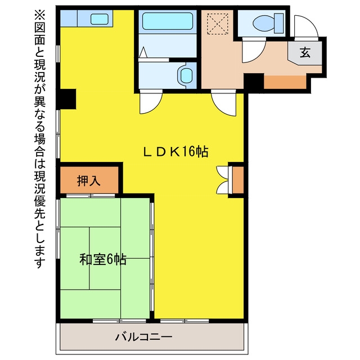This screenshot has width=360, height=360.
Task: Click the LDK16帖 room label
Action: click(x=175, y=151)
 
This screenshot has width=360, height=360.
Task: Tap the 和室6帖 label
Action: click(x=103, y=259)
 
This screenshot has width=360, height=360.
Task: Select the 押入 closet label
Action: click(x=89, y=181)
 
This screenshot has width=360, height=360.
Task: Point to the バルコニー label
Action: click(x=143, y=337)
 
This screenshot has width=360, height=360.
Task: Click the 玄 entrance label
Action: click(x=305, y=52)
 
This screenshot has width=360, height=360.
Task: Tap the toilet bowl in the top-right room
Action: click(x=264, y=23)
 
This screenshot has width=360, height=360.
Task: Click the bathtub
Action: click(x=168, y=21)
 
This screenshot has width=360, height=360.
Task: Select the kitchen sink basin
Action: click(x=100, y=19)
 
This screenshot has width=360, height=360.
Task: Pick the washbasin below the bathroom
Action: click(x=186, y=75)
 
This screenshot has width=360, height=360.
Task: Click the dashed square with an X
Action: click(x=218, y=24)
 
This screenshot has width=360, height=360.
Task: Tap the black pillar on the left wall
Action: click(x=66, y=99)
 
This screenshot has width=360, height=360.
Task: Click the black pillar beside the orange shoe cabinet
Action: click(x=254, y=82)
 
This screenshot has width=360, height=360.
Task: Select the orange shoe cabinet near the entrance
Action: click(x=285, y=82)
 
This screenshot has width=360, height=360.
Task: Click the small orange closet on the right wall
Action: click(x=238, y=180)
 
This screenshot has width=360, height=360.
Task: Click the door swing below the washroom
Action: click(x=151, y=102)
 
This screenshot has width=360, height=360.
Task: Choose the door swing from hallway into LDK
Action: click(x=224, y=103)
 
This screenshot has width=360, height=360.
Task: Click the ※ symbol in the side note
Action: click(x=39, y=15)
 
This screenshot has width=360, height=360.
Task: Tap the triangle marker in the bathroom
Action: click(x=143, y=52)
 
